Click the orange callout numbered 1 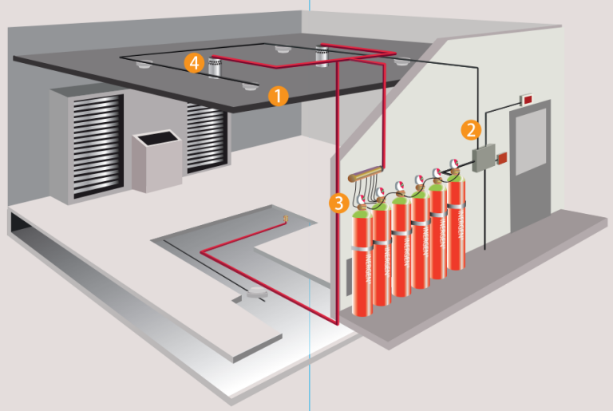pos(278,96)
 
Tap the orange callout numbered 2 pos(471,128)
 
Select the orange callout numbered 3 pos(340,203)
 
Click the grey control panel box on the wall pos(484,157)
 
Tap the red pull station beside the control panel pos(504,158)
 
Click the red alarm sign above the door pos(528,99)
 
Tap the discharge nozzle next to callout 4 pos(214,67)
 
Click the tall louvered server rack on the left pos(87,144)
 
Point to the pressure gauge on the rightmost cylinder pos(454,165)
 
